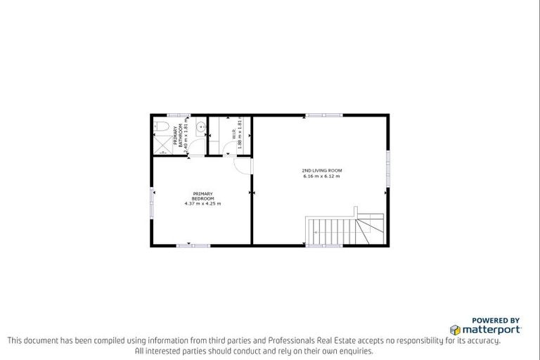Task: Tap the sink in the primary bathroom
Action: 200,128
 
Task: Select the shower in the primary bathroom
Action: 162,146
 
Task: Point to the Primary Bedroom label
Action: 202,196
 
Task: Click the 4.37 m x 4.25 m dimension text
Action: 202,204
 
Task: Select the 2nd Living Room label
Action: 321,170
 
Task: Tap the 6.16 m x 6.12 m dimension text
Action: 321,176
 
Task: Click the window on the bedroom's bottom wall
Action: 193,245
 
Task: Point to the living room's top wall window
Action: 324,115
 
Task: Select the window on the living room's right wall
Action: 387,169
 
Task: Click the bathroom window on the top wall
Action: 177,115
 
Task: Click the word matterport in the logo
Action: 491,329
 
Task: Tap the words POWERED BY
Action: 496,319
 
